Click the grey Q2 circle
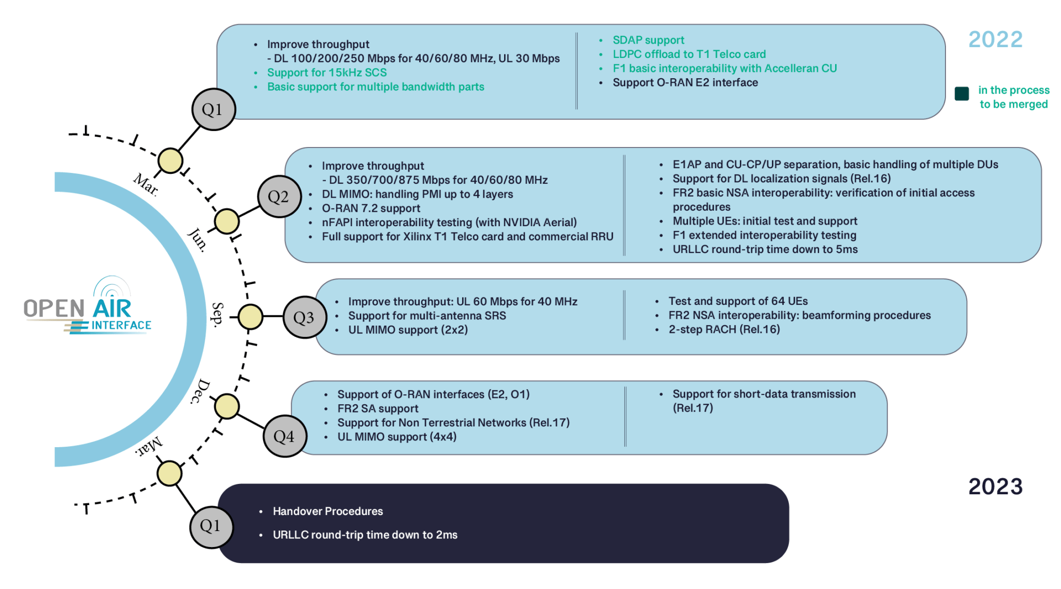point(279,197)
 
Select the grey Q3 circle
point(305,317)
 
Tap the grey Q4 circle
point(284,436)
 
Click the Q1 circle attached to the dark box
point(211,526)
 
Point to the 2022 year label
point(995,40)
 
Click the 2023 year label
point(995,487)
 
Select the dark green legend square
point(962,94)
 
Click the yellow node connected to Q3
point(251,317)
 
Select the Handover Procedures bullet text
point(328,511)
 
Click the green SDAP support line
point(648,40)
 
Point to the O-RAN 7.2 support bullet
point(371,209)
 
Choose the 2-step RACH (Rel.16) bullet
point(724,330)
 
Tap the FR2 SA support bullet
point(378,409)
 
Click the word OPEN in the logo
point(54,309)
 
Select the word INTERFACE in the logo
point(121,326)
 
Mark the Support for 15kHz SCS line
point(327,73)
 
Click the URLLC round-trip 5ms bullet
point(765,249)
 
